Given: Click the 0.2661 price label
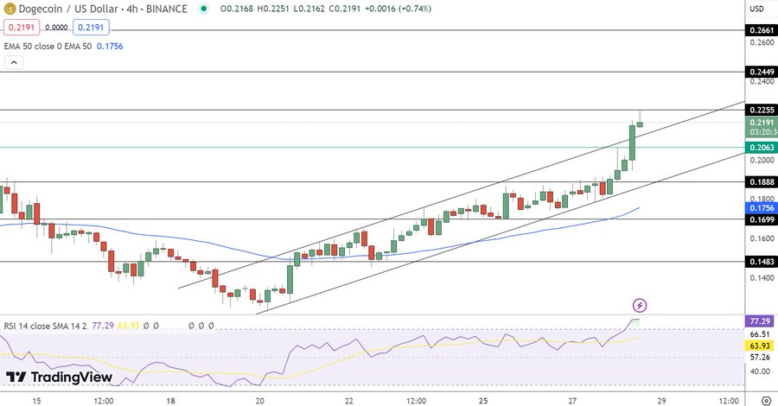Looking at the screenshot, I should [x=762, y=30].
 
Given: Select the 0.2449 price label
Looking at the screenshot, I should [x=762, y=72].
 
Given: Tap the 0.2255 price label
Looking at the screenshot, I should [x=762, y=110].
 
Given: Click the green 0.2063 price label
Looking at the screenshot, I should [x=762, y=147].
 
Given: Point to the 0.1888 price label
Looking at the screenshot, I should [x=762, y=182].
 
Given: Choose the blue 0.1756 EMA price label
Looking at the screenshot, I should [x=762, y=208].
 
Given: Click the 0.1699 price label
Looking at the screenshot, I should [x=762, y=219].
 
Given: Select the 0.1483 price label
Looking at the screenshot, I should [x=762, y=261].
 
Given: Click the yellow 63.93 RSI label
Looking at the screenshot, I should [x=762, y=346].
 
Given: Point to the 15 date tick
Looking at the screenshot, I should [x=36, y=401].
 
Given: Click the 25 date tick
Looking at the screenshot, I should [x=485, y=401].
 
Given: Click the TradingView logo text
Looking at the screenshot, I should [x=72, y=377].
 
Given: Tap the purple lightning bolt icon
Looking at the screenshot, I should [x=640, y=305].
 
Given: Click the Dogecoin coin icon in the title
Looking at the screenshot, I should [x=11, y=9].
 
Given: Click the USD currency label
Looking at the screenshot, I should [x=756, y=9].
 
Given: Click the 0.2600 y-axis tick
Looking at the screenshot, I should [x=761, y=42].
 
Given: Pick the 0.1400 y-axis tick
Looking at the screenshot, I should [x=761, y=277].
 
